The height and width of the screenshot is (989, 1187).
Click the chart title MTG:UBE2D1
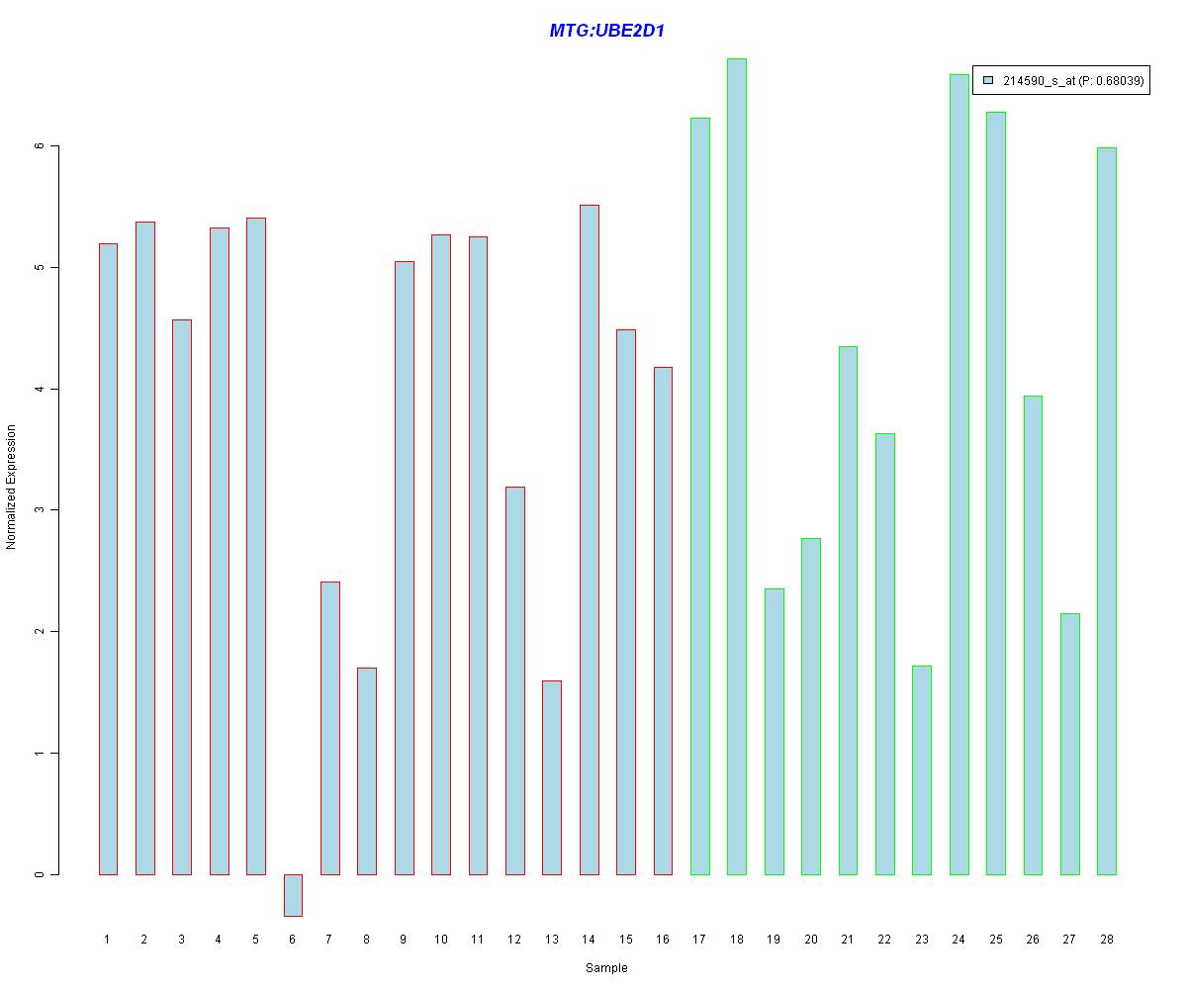(x=606, y=32)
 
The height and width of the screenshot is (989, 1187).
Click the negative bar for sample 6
(x=293, y=895)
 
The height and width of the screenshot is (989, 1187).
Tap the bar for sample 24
(x=959, y=475)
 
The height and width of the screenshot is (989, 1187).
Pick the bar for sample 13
(x=552, y=777)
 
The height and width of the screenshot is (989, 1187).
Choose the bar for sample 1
(x=108, y=559)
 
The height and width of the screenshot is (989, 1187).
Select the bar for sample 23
(x=922, y=770)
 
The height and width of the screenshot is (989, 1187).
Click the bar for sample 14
(x=589, y=540)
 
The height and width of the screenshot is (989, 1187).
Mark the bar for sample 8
(x=367, y=771)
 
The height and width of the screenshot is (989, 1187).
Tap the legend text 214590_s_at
(x=1039, y=81)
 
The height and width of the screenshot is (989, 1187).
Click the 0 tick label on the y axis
(x=41, y=874)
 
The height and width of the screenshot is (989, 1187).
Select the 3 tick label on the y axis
(x=41, y=510)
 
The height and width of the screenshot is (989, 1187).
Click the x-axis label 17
(x=699, y=939)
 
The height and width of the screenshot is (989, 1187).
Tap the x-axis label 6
(x=293, y=939)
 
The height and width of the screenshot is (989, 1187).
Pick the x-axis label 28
(x=1107, y=939)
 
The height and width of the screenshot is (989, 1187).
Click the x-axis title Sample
(x=606, y=968)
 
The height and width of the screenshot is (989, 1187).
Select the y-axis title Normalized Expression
(x=12, y=487)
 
